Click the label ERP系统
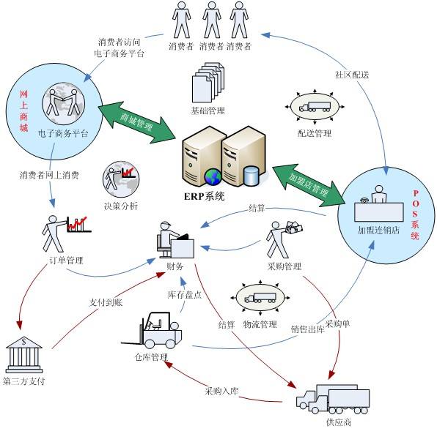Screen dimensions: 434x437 pos(205,196)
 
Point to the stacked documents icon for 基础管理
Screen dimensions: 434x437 pos(207,83)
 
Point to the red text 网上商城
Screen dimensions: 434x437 pos(23,111)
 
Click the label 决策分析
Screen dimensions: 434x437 pos(120,206)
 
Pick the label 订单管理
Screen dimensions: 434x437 pos(66,261)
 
